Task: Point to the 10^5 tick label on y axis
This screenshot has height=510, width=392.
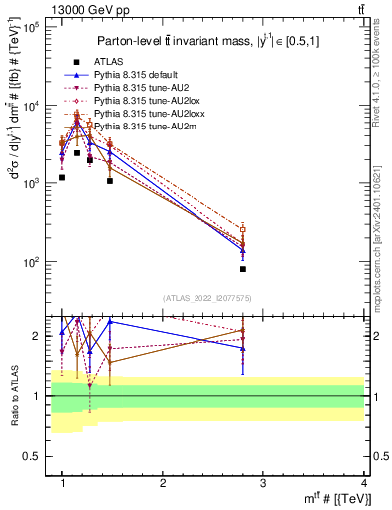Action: [x=29, y=28]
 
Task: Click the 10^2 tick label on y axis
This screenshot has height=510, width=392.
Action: [x=29, y=262]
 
